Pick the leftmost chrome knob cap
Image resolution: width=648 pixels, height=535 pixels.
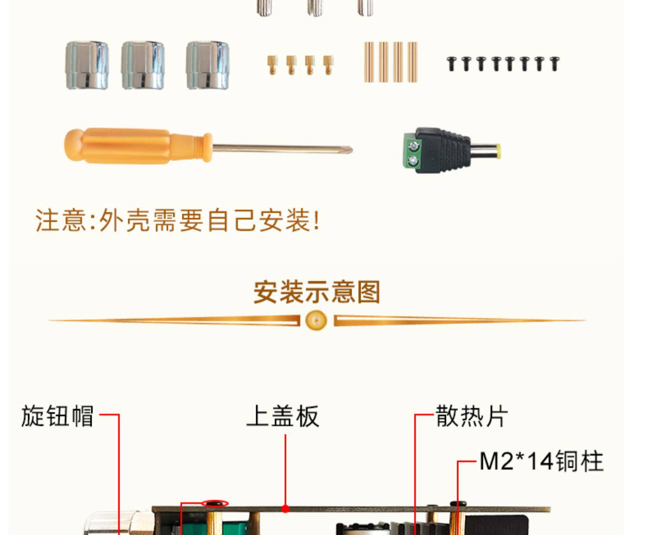87,65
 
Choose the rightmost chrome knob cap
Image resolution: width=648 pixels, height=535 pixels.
208,65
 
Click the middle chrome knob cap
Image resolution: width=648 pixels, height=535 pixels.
143,65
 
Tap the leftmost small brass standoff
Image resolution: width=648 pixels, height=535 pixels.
272,65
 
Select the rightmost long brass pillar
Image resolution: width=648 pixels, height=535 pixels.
413,62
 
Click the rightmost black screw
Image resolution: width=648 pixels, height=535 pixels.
554,63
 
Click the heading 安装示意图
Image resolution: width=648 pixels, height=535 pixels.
317,292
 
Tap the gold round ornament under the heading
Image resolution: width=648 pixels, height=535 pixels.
316,321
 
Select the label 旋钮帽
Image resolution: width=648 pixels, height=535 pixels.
57,416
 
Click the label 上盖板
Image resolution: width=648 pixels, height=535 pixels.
283,416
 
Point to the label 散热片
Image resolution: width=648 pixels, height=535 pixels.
472,416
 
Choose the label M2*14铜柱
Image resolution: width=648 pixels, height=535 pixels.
541,461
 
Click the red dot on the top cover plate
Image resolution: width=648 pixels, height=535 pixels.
285,509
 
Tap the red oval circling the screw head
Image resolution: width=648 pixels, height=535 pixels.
215,503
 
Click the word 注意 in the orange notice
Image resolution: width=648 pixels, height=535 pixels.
61,221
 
